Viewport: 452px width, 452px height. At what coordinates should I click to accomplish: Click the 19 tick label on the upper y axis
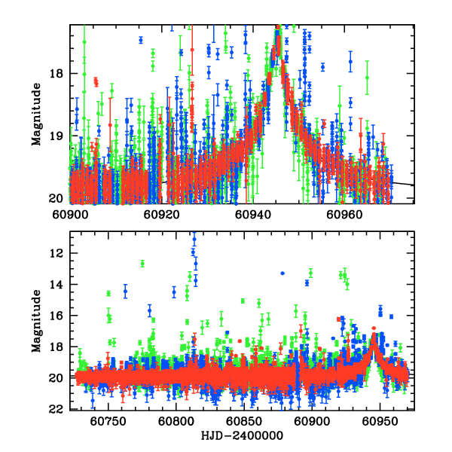click(58, 136)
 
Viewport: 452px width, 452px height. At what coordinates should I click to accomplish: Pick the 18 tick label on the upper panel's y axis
click(58, 74)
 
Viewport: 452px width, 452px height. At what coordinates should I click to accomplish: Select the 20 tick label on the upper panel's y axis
click(58, 199)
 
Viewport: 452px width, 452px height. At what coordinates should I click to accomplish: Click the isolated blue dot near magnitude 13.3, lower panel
click(282, 273)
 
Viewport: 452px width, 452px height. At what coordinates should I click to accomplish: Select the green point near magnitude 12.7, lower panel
click(142, 264)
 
